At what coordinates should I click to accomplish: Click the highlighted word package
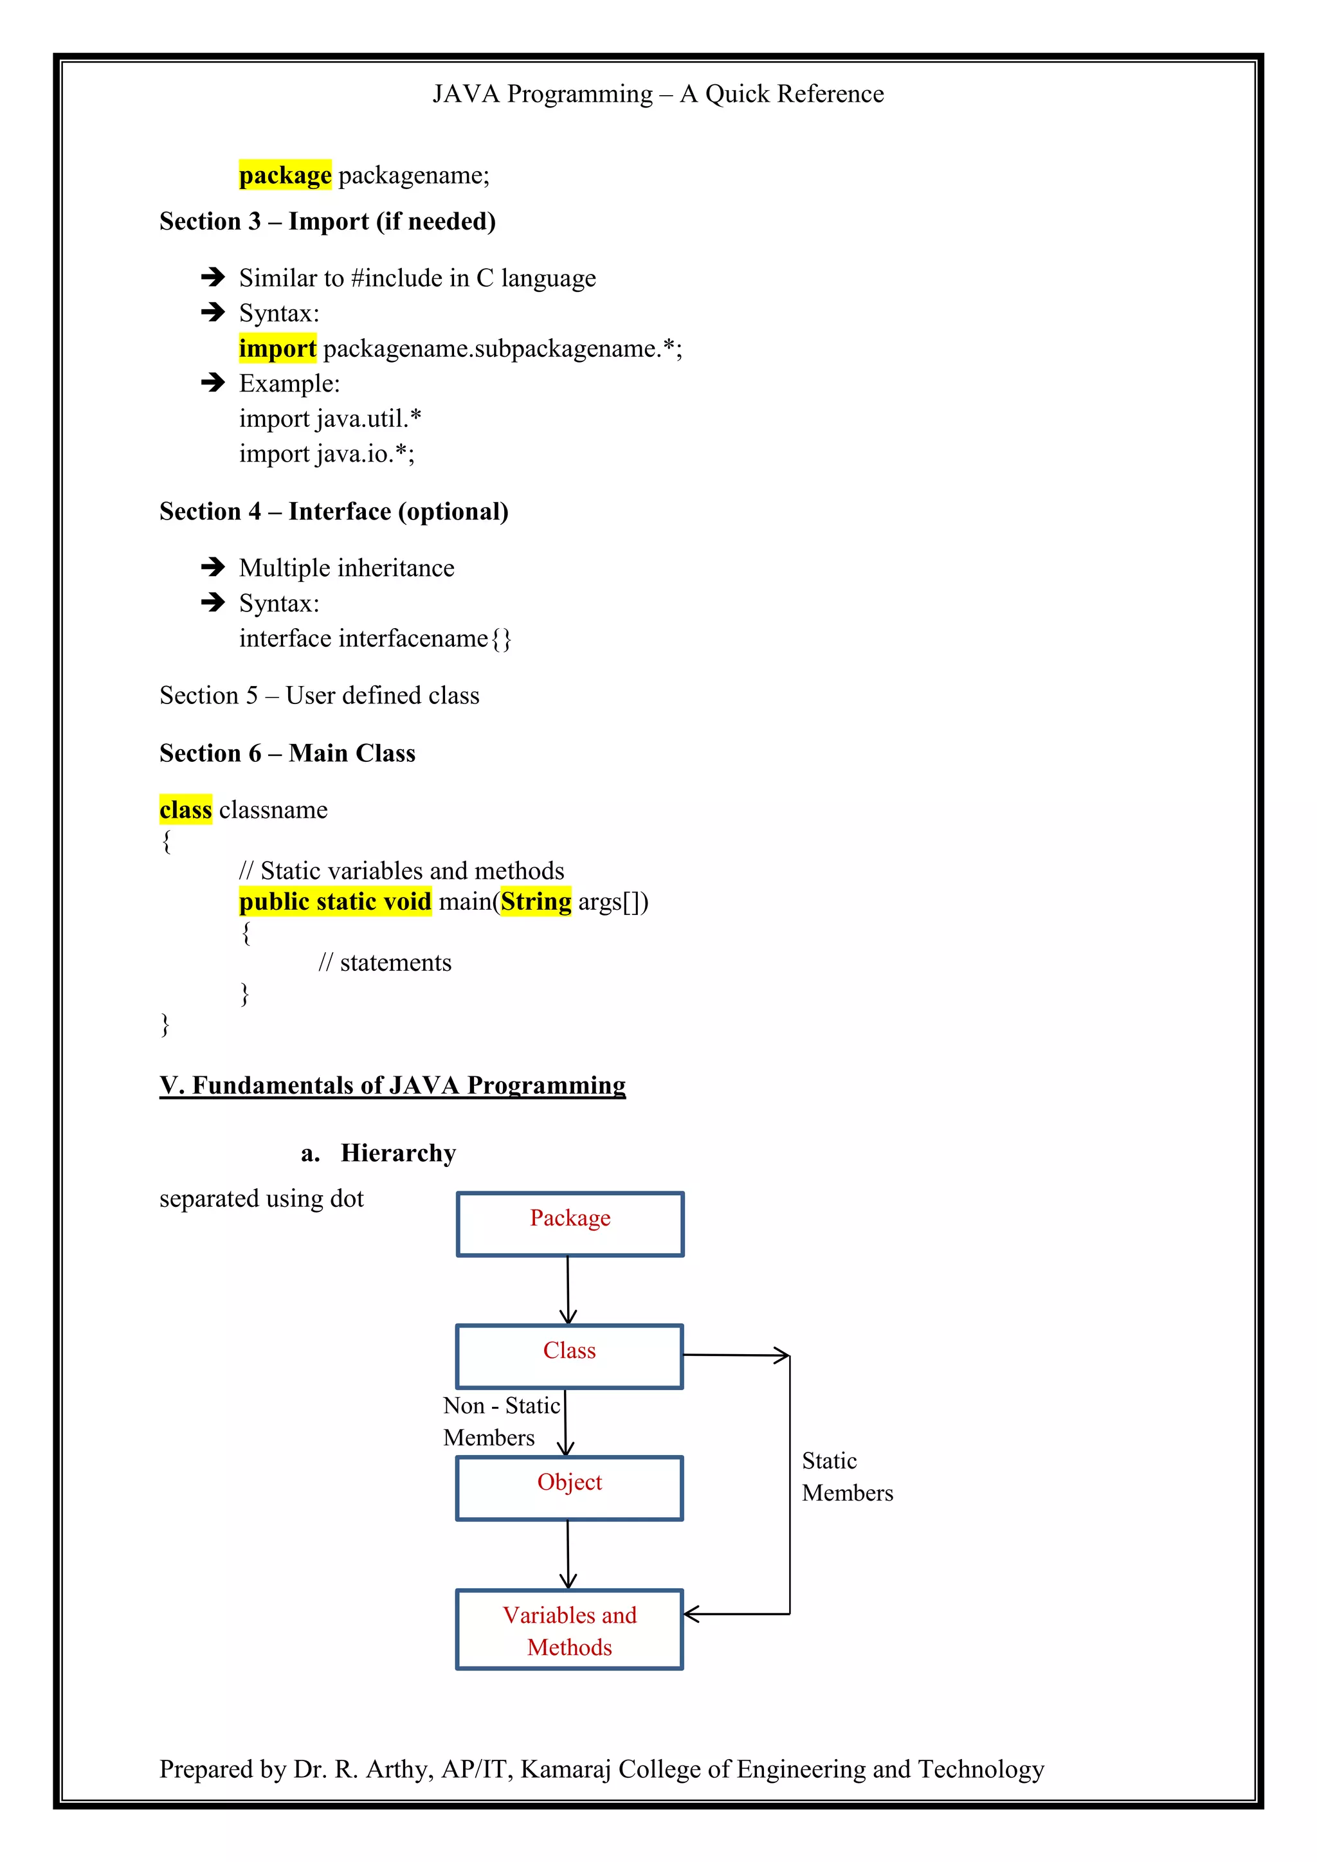[285, 175]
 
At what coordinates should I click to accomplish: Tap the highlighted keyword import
[277, 348]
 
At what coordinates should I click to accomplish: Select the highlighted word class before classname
[186, 809]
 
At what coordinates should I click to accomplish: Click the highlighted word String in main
[536, 902]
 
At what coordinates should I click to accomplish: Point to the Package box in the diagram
[570, 1225]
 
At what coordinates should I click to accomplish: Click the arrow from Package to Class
[568, 1290]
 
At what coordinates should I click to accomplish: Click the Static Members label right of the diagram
[847, 1477]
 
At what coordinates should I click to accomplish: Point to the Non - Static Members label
[500, 1422]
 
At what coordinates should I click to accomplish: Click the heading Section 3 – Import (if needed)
[327, 221]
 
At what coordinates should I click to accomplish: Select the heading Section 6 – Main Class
[287, 754]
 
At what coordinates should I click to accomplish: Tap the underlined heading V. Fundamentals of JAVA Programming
[392, 1085]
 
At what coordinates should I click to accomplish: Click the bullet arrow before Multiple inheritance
[212, 567]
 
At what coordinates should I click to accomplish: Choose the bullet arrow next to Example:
[212, 383]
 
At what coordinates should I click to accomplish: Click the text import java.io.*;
[327, 454]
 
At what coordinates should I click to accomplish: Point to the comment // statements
[385, 963]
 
